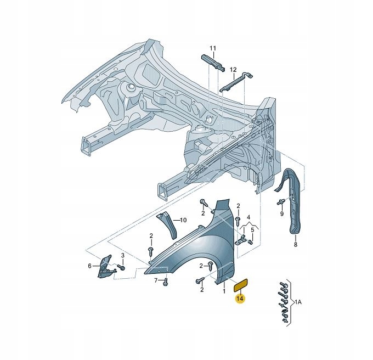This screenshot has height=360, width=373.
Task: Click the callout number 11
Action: (x=213, y=48)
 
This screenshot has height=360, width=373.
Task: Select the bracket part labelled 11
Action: (x=214, y=62)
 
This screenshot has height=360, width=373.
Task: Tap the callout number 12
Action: (x=233, y=70)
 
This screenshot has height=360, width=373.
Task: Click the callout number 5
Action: (x=253, y=230)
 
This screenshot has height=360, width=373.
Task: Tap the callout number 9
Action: (x=282, y=214)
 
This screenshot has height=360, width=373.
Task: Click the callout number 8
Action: (x=295, y=244)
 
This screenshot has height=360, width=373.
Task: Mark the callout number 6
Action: (x=89, y=266)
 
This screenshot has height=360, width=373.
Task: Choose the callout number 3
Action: (x=123, y=256)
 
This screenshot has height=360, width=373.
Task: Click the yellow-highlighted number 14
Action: (x=240, y=299)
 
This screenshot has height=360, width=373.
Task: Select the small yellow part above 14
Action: (x=242, y=283)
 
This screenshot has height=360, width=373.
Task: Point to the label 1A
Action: (x=299, y=302)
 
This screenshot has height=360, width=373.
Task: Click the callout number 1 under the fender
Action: (x=224, y=291)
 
